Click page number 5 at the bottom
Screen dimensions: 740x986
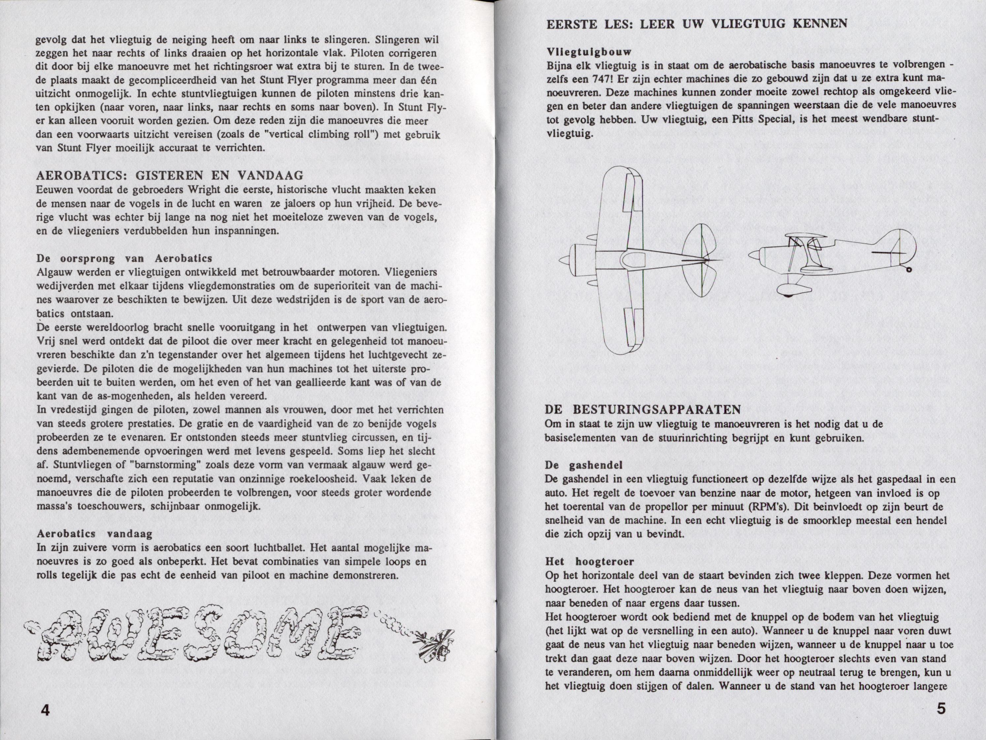click(941, 708)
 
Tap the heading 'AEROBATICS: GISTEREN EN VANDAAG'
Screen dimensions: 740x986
click(169, 176)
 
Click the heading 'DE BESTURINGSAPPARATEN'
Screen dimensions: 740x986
click(643, 409)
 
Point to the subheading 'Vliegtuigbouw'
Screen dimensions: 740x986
click(588, 52)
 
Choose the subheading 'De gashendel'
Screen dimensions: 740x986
click(583, 465)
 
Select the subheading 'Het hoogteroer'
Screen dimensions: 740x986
click(589, 561)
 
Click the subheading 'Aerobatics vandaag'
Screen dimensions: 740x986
click(94, 534)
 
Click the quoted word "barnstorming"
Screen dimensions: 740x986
click(163, 465)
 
